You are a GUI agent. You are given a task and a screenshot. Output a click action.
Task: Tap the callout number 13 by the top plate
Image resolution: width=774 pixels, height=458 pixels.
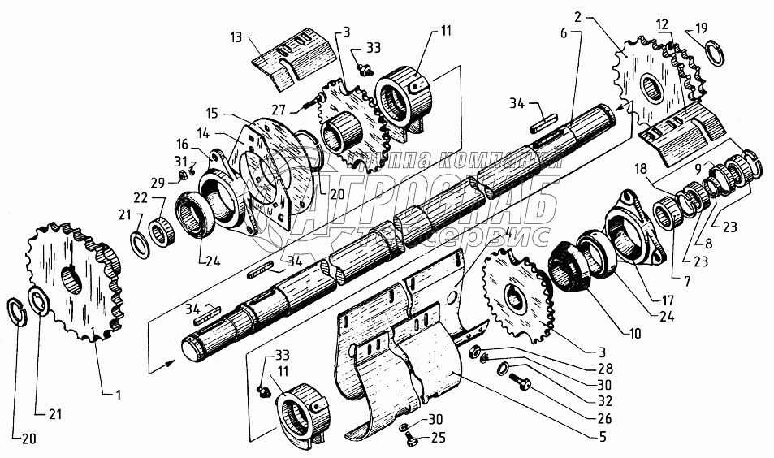point(236,37)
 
